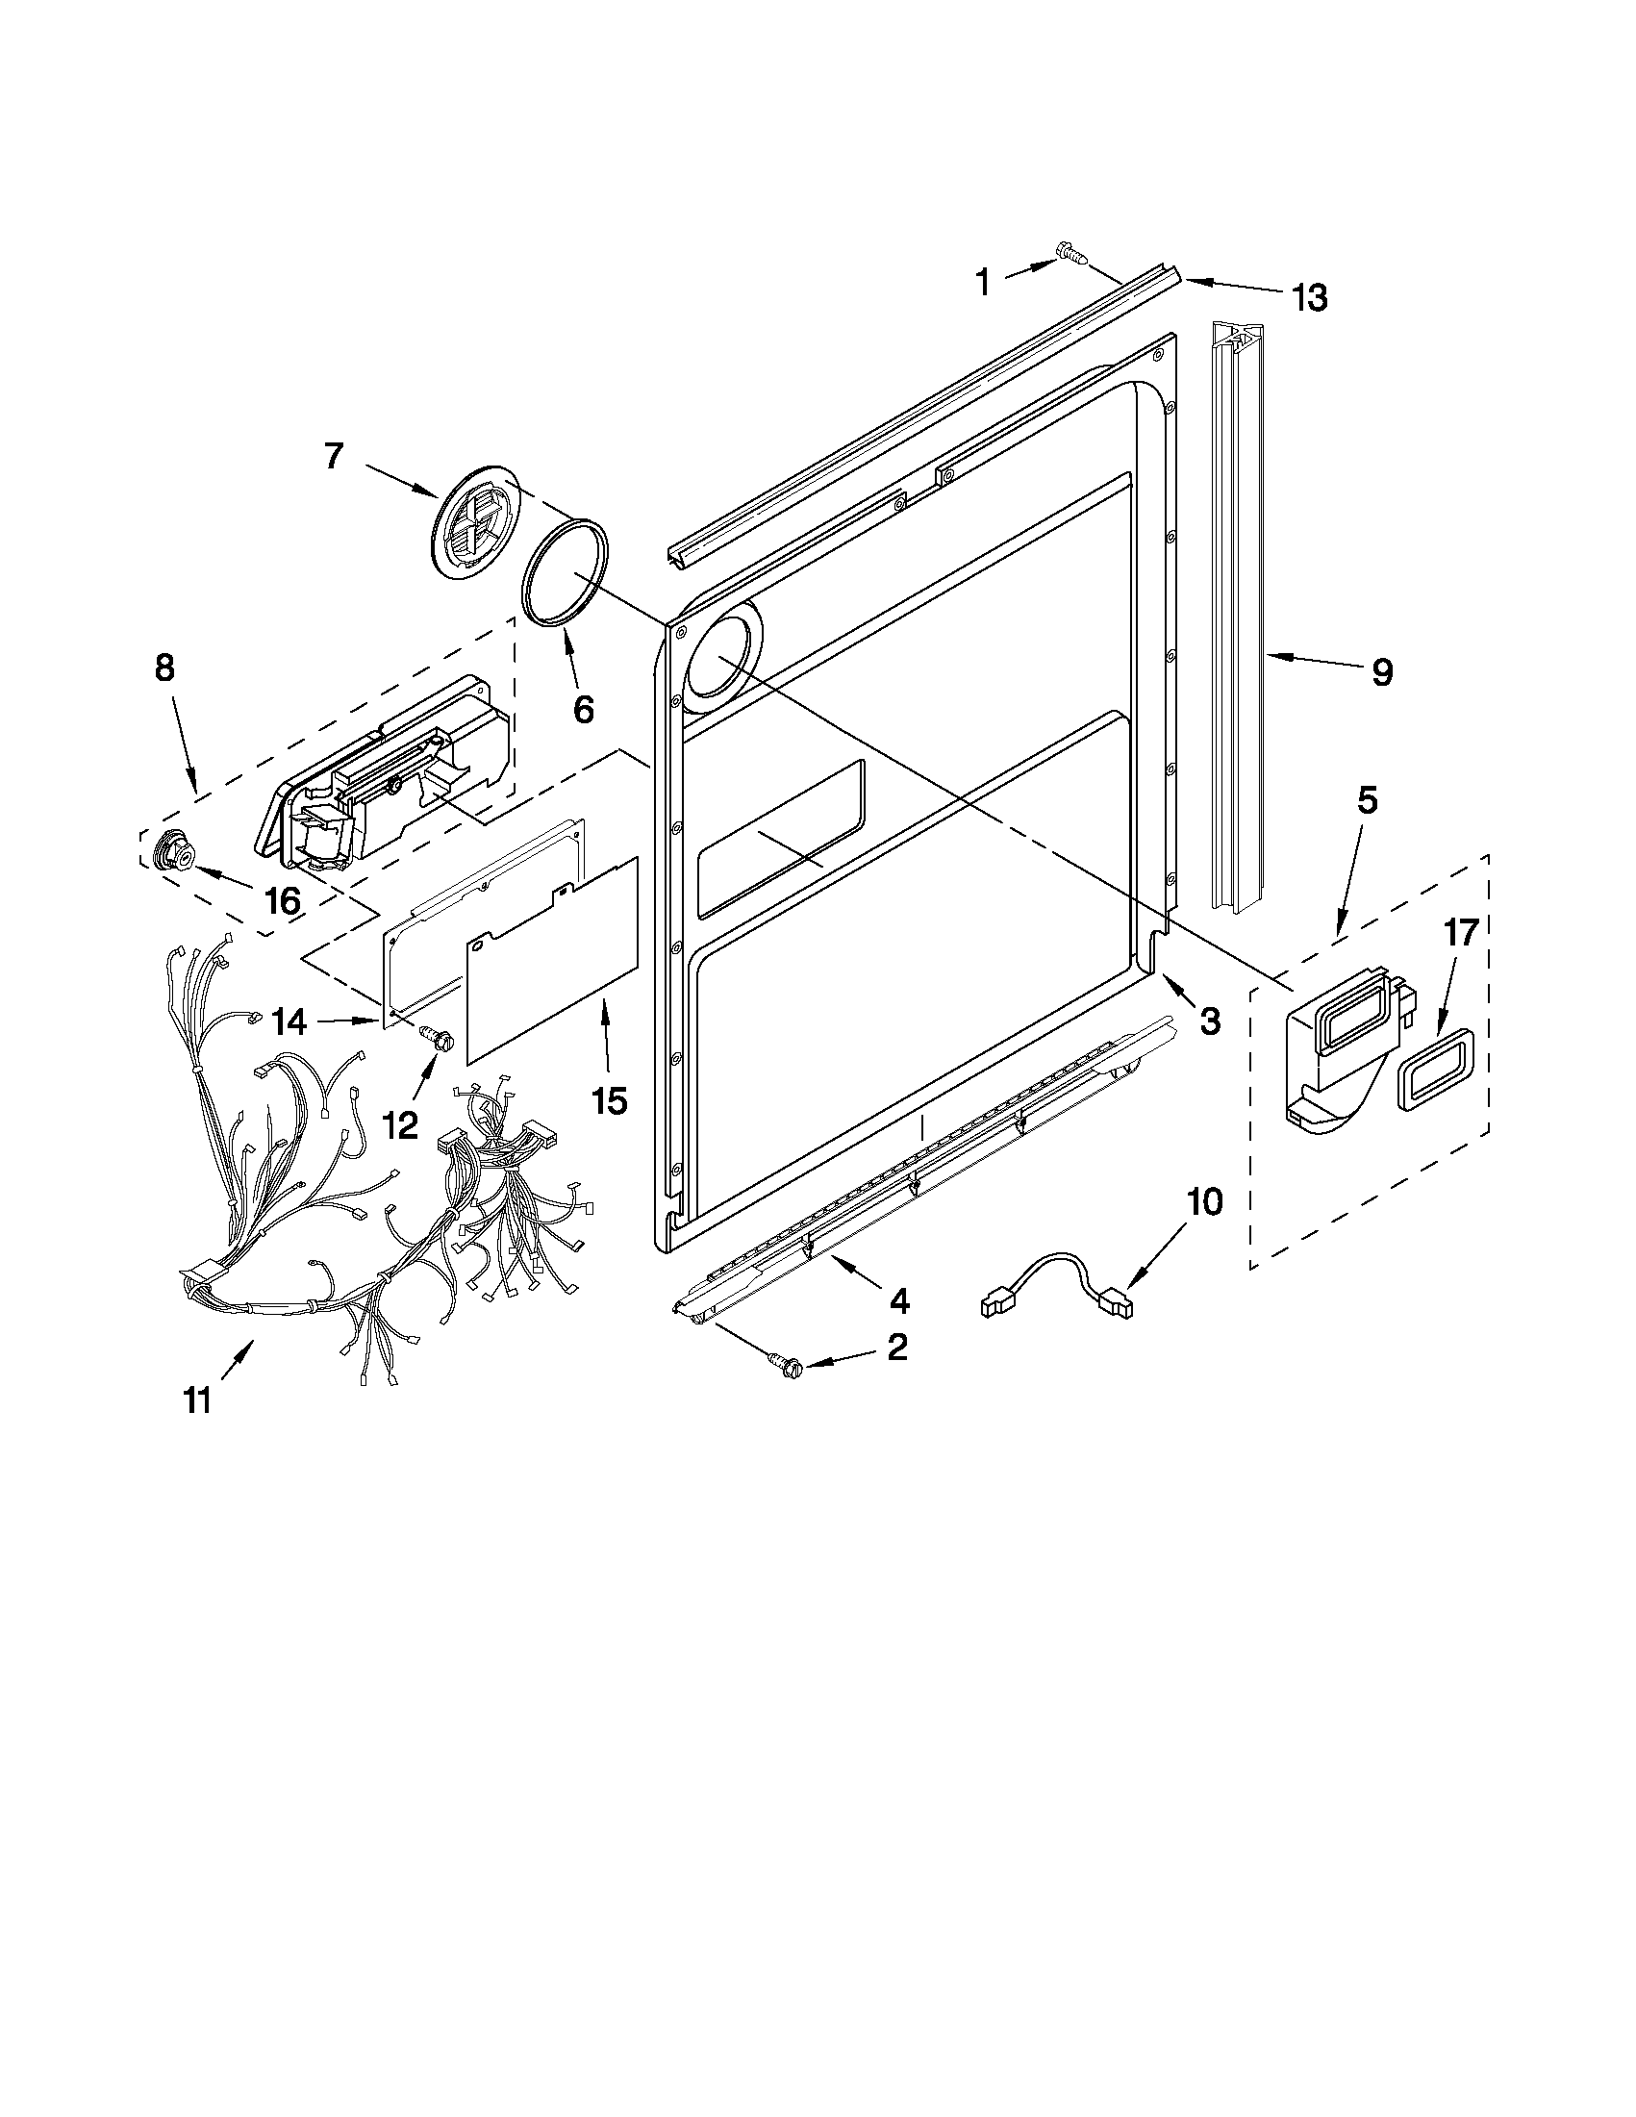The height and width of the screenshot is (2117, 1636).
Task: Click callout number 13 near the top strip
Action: coord(1308,297)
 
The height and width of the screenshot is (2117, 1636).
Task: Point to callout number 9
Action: coord(1382,670)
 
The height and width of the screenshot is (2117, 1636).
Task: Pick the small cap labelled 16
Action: coord(175,851)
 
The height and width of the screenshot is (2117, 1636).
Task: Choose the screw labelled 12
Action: coord(433,1039)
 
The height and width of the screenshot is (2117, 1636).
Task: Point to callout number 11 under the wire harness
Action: coord(198,1400)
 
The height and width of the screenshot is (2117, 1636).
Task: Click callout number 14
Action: coord(289,1020)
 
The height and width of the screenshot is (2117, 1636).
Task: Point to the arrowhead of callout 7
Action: coord(435,496)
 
